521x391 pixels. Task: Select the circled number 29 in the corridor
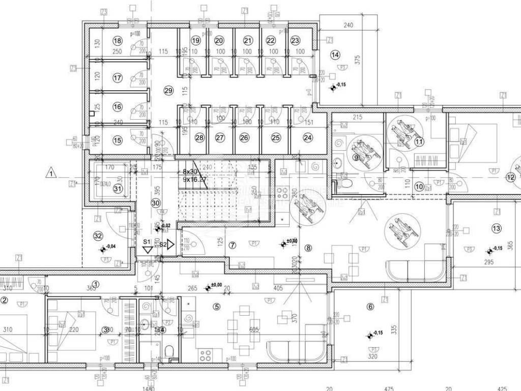coord(169,90)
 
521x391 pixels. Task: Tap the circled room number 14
coord(335,55)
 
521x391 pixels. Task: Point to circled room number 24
coord(308,137)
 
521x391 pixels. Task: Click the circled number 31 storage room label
coord(118,188)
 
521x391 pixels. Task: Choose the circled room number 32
coord(99,236)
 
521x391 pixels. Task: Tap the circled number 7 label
coord(233,245)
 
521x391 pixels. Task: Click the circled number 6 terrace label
coord(370,306)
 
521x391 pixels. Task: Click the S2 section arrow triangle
coord(171,245)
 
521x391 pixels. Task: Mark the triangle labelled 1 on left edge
coord(51,174)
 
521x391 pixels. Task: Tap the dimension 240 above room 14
coord(348,25)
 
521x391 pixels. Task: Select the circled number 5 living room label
coord(217,306)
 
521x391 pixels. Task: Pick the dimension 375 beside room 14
coord(357,60)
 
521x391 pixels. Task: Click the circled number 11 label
coord(419,142)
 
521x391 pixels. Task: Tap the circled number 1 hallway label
coord(95,284)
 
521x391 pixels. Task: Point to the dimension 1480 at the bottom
coord(149,388)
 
